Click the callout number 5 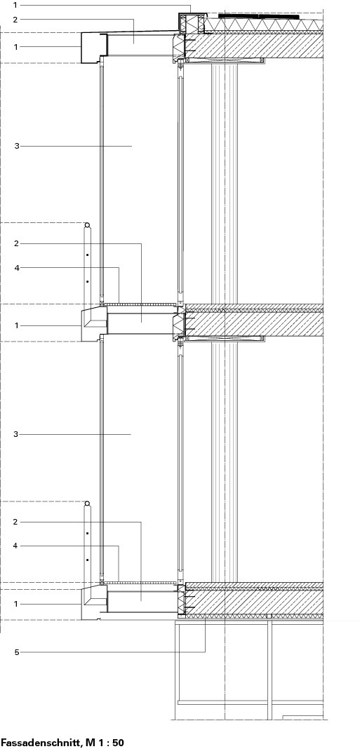click(17, 652)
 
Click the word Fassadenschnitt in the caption click(41, 743)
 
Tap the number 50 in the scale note click(118, 743)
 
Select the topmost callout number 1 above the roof click(15, 5)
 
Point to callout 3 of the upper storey click(17, 146)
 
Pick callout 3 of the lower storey click(17, 434)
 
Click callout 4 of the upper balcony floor click(17, 268)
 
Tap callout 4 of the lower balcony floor click(17, 546)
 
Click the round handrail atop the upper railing click(87, 225)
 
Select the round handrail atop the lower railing click(87, 504)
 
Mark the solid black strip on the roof click(259, 17)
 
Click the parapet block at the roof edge click(193, 23)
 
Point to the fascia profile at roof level click(94, 48)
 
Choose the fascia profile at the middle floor click(94, 325)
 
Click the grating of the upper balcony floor click(140, 304)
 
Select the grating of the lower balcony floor click(140, 583)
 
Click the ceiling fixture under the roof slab click(225, 61)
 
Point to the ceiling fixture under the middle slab click(225, 339)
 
